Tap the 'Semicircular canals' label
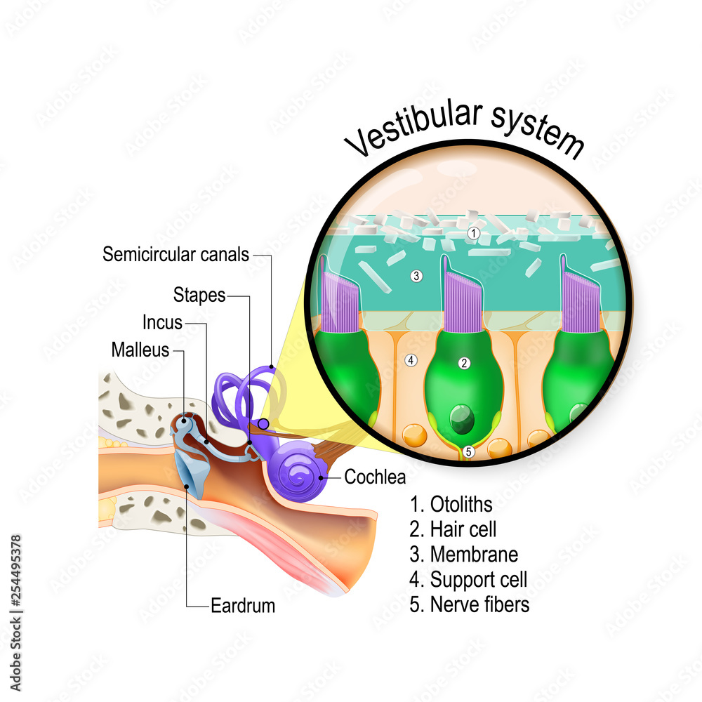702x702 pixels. coord(175,254)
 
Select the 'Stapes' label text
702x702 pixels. coord(199,296)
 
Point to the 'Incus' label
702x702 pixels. coord(162,323)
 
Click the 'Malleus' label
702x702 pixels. coord(140,349)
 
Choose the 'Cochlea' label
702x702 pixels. coord(375,477)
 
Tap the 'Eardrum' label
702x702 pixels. coord(243,604)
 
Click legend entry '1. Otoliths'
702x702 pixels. coord(451,504)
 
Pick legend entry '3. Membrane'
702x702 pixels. coord(464,555)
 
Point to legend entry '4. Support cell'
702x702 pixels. coord(468,579)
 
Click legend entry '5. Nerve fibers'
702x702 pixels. coord(470,604)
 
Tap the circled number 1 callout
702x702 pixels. coord(474,232)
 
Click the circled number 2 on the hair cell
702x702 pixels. coord(463,363)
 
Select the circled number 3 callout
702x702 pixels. coord(416,276)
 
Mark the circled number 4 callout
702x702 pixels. coord(411,360)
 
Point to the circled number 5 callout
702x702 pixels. coord(469,452)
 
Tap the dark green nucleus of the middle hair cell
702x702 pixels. coord(462,419)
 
